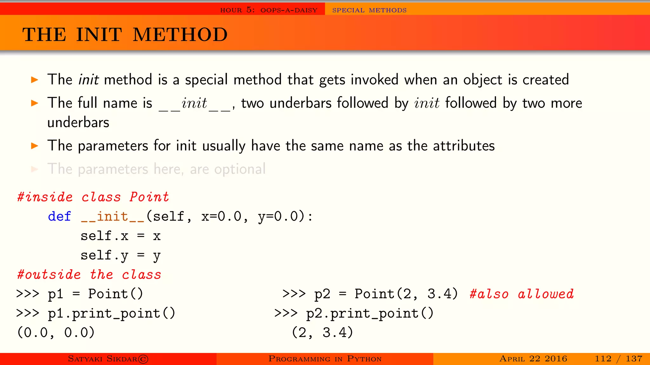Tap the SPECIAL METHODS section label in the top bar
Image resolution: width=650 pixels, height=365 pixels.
point(369,10)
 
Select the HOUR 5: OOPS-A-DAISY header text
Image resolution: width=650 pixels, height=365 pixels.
point(269,10)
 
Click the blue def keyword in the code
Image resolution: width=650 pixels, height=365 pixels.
point(59,217)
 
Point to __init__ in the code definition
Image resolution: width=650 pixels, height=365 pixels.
point(113,217)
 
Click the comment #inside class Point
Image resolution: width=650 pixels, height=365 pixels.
point(93,197)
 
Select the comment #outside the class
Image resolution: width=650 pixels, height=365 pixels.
point(89,275)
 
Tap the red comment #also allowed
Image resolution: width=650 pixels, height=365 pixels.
point(521,294)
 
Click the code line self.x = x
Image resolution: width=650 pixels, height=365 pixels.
point(121,236)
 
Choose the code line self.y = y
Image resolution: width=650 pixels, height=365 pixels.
point(121,256)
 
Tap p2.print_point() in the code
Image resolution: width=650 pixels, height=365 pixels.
point(369,314)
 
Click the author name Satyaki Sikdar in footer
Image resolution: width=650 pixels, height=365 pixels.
point(108,359)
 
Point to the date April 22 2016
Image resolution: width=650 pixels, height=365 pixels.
point(533,359)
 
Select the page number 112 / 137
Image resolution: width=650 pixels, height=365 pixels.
point(618,359)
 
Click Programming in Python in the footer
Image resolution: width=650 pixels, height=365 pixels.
point(325,359)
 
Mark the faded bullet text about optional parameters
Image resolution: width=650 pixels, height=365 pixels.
point(156,169)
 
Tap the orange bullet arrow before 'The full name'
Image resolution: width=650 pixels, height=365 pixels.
point(35,103)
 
